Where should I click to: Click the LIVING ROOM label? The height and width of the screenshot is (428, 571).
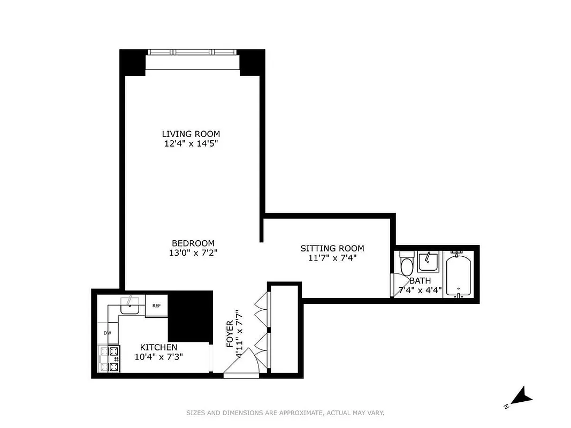tap(191, 134)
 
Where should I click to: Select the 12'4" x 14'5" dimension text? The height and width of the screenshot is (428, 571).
tap(191, 143)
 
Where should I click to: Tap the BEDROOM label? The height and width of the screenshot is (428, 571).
tap(193, 243)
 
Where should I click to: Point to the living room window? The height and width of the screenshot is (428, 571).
tap(192, 52)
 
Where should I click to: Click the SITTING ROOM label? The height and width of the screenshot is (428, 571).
tap(332, 248)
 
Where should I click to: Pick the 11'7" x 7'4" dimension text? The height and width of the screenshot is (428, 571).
tap(332, 258)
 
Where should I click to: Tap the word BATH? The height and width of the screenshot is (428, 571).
tap(420, 281)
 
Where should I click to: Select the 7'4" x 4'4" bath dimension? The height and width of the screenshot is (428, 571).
tap(420, 291)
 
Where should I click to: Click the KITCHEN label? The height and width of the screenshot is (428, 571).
tap(158, 348)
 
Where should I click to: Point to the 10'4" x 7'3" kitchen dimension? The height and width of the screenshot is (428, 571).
tap(158, 357)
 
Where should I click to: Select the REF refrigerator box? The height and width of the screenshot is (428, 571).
tap(156, 306)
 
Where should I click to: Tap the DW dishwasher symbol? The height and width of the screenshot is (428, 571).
tap(108, 333)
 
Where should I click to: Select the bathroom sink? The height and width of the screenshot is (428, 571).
tap(428, 262)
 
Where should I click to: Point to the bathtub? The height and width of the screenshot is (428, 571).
tap(458, 276)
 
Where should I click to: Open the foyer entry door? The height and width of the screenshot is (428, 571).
tap(240, 366)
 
